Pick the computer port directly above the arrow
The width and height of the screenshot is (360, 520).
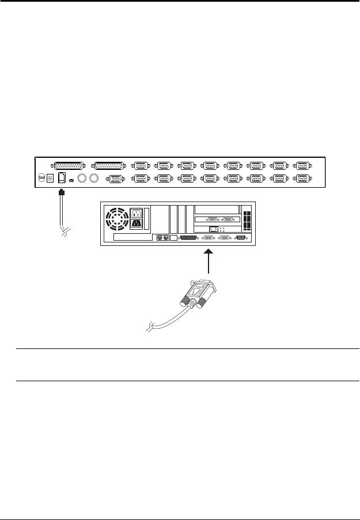coord(208,237)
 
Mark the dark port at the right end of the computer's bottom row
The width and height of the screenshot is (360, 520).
coord(241,237)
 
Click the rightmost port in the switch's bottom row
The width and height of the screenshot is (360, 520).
coord(303,179)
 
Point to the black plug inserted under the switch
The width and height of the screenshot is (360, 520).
coord(62,192)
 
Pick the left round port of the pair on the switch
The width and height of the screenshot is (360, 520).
coord(82,179)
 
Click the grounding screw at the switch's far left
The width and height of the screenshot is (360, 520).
coord(40,179)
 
